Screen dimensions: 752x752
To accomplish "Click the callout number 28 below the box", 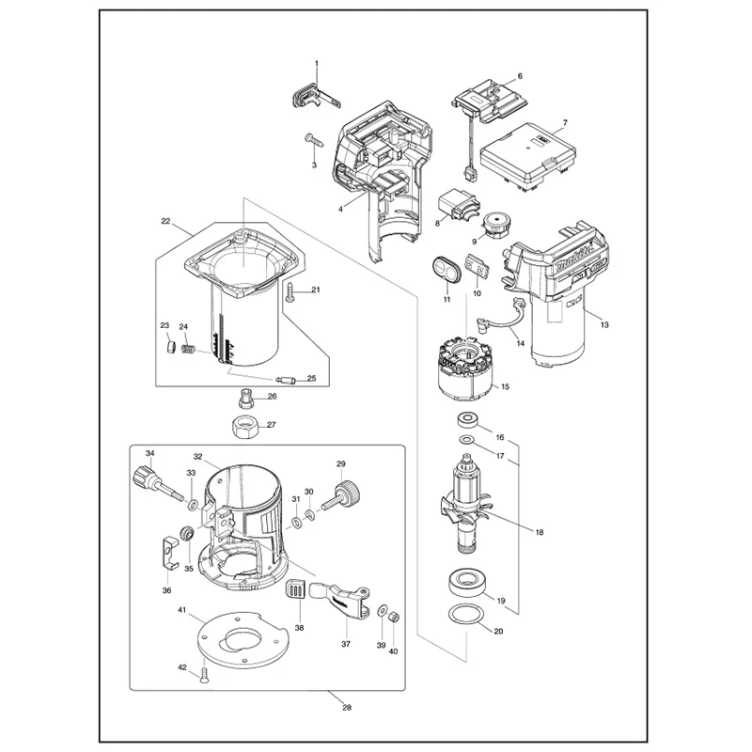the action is pyautogui.click(x=347, y=708).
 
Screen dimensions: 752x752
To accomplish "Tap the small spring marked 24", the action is pyautogui.click(x=189, y=348).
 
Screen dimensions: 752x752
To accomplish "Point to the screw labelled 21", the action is pyautogui.click(x=291, y=291).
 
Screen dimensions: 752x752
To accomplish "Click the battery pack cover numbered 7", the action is pyautogui.click(x=528, y=157).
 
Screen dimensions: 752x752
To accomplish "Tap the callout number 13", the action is pyautogui.click(x=604, y=324).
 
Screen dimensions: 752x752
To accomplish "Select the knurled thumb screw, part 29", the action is pyautogui.click(x=342, y=498).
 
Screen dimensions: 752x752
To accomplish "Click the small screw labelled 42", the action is pyautogui.click(x=205, y=675).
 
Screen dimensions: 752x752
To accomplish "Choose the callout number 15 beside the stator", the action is pyautogui.click(x=505, y=386).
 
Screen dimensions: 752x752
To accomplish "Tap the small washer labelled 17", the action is pyautogui.click(x=465, y=439).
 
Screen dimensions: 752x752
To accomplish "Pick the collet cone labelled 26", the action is pyautogui.click(x=245, y=398).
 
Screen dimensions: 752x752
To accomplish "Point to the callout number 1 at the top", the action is pyautogui.click(x=317, y=63).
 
